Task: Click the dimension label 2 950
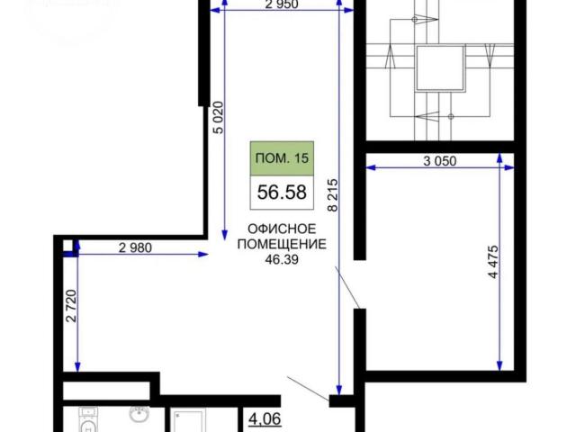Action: [282, 4]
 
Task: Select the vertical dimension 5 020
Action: [218, 118]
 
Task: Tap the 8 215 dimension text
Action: [332, 194]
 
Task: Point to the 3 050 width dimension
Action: [440, 161]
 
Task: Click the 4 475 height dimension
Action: [494, 262]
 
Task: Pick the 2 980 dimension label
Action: [135, 248]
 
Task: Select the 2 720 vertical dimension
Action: [71, 306]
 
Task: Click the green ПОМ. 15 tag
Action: [282, 158]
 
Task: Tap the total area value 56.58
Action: [282, 192]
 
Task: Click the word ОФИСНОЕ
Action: [282, 229]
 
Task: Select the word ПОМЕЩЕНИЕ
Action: [282, 244]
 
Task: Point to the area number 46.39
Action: [282, 260]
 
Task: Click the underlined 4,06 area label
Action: [265, 418]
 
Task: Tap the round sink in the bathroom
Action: [139, 415]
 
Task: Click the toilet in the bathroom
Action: [88, 419]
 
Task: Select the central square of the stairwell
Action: [440, 67]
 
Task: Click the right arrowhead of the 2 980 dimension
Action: [203, 254]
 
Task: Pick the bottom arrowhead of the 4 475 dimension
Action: [499, 366]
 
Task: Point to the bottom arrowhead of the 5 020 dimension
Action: [224, 235]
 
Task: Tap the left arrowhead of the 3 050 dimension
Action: [372, 168]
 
